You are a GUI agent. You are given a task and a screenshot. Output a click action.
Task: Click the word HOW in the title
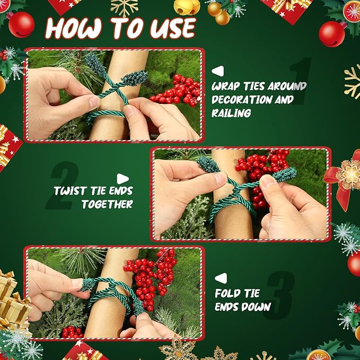(x=74, y=28)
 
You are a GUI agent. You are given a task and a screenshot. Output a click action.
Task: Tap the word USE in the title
(x=173, y=28)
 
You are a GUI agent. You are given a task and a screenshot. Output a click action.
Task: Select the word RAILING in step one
(x=231, y=113)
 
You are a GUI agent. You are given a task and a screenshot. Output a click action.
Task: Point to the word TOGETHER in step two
(x=107, y=204)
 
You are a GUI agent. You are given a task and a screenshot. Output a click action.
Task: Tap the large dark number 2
(x=63, y=186)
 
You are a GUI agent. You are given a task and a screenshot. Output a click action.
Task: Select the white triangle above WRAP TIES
(x=218, y=71)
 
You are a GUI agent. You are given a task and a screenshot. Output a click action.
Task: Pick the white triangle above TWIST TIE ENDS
(x=122, y=179)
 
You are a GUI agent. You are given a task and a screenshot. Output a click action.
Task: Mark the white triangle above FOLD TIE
(x=221, y=278)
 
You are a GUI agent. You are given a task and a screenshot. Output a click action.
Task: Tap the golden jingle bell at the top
(x=187, y=7)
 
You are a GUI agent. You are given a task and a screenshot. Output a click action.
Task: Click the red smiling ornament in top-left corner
(x=21, y=24)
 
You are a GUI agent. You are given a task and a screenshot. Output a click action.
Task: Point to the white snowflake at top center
(x=125, y=7)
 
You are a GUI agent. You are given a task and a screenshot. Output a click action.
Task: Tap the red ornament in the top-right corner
(x=332, y=34)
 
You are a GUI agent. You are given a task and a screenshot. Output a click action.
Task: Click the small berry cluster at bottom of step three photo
(x=72, y=332)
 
